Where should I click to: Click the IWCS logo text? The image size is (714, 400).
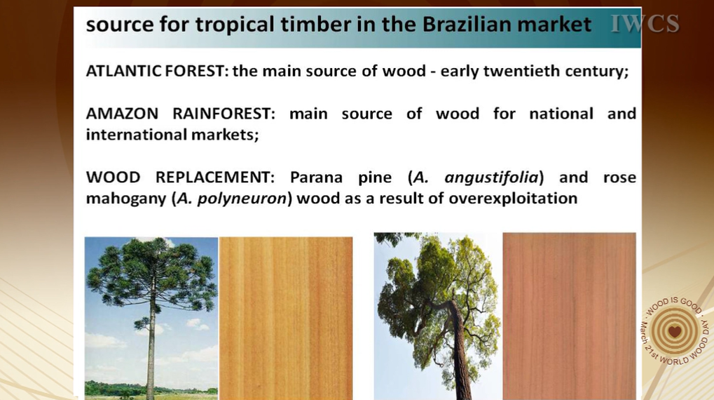click(645, 24)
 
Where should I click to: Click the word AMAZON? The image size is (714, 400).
click(122, 113)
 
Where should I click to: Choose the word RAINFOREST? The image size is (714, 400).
click(224, 113)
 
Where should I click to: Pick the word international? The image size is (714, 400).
click(136, 135)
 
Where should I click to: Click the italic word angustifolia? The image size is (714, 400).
click(491, 178)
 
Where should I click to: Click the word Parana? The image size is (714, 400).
click(316, 177)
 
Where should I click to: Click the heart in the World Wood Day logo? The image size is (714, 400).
click(675, 331)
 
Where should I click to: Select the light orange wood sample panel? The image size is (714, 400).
click(286, 319)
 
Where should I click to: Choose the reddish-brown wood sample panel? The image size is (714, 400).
click(569, 316)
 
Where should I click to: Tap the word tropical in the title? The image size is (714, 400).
click(235, 25)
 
